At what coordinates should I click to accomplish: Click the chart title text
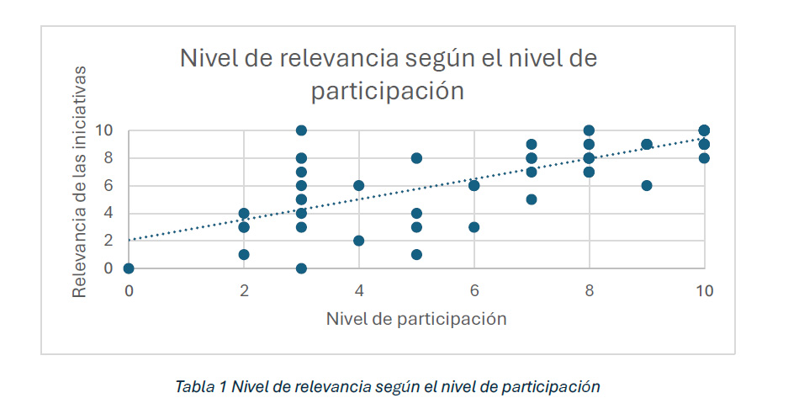click(388, 74)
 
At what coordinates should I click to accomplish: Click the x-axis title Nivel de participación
click(416, 318)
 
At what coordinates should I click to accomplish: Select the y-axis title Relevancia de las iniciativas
click(80, 183)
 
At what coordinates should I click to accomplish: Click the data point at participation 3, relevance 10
click(301, 130)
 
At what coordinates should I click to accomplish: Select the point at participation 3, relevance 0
click(301, 268)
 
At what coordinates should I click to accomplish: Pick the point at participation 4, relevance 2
click(358, 241)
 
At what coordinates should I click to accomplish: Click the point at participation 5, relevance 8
click(416, 158)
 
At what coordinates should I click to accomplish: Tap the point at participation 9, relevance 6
click(647, 186)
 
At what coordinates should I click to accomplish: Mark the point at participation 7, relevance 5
click(532, 199)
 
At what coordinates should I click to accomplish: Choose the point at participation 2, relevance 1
click(244, 254)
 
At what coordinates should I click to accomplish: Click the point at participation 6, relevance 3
click(474, 227)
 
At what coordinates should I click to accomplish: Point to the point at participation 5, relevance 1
click(416, 254)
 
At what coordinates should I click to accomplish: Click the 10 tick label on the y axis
click(109, 130)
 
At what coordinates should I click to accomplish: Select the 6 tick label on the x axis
click(474, 290)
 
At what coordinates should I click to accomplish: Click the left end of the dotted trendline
click(130, 240)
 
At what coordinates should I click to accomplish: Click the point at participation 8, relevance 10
click(589, 130)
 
